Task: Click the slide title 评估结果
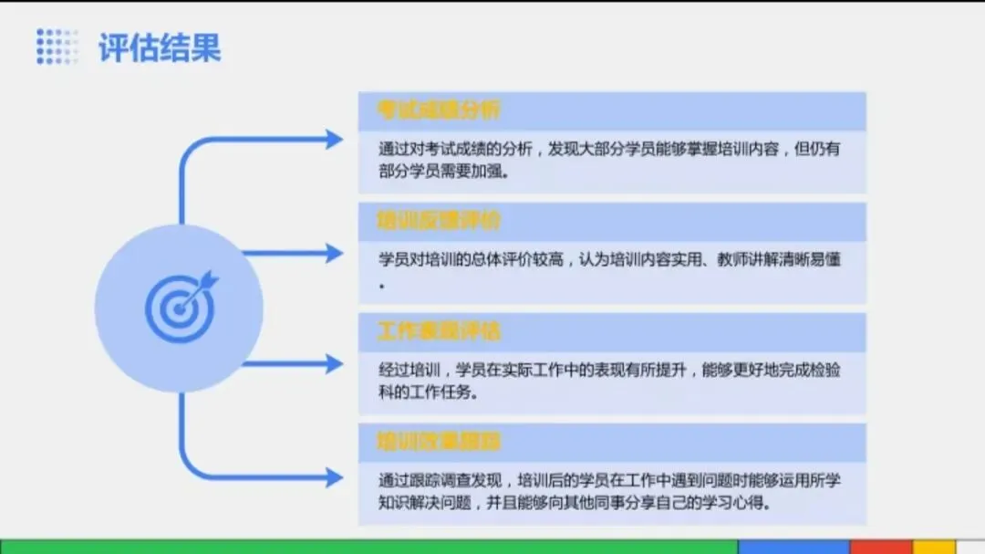point(160,47)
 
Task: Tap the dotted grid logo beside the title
point(57,47)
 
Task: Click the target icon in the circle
point(181,307)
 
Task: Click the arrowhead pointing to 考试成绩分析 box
point(334,140)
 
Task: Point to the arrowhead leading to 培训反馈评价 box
point(334,253)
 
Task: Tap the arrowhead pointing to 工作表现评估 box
point(334,364)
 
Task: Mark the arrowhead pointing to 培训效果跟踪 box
point(334,476)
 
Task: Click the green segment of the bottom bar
point(365,546)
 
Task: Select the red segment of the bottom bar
point(881,546)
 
